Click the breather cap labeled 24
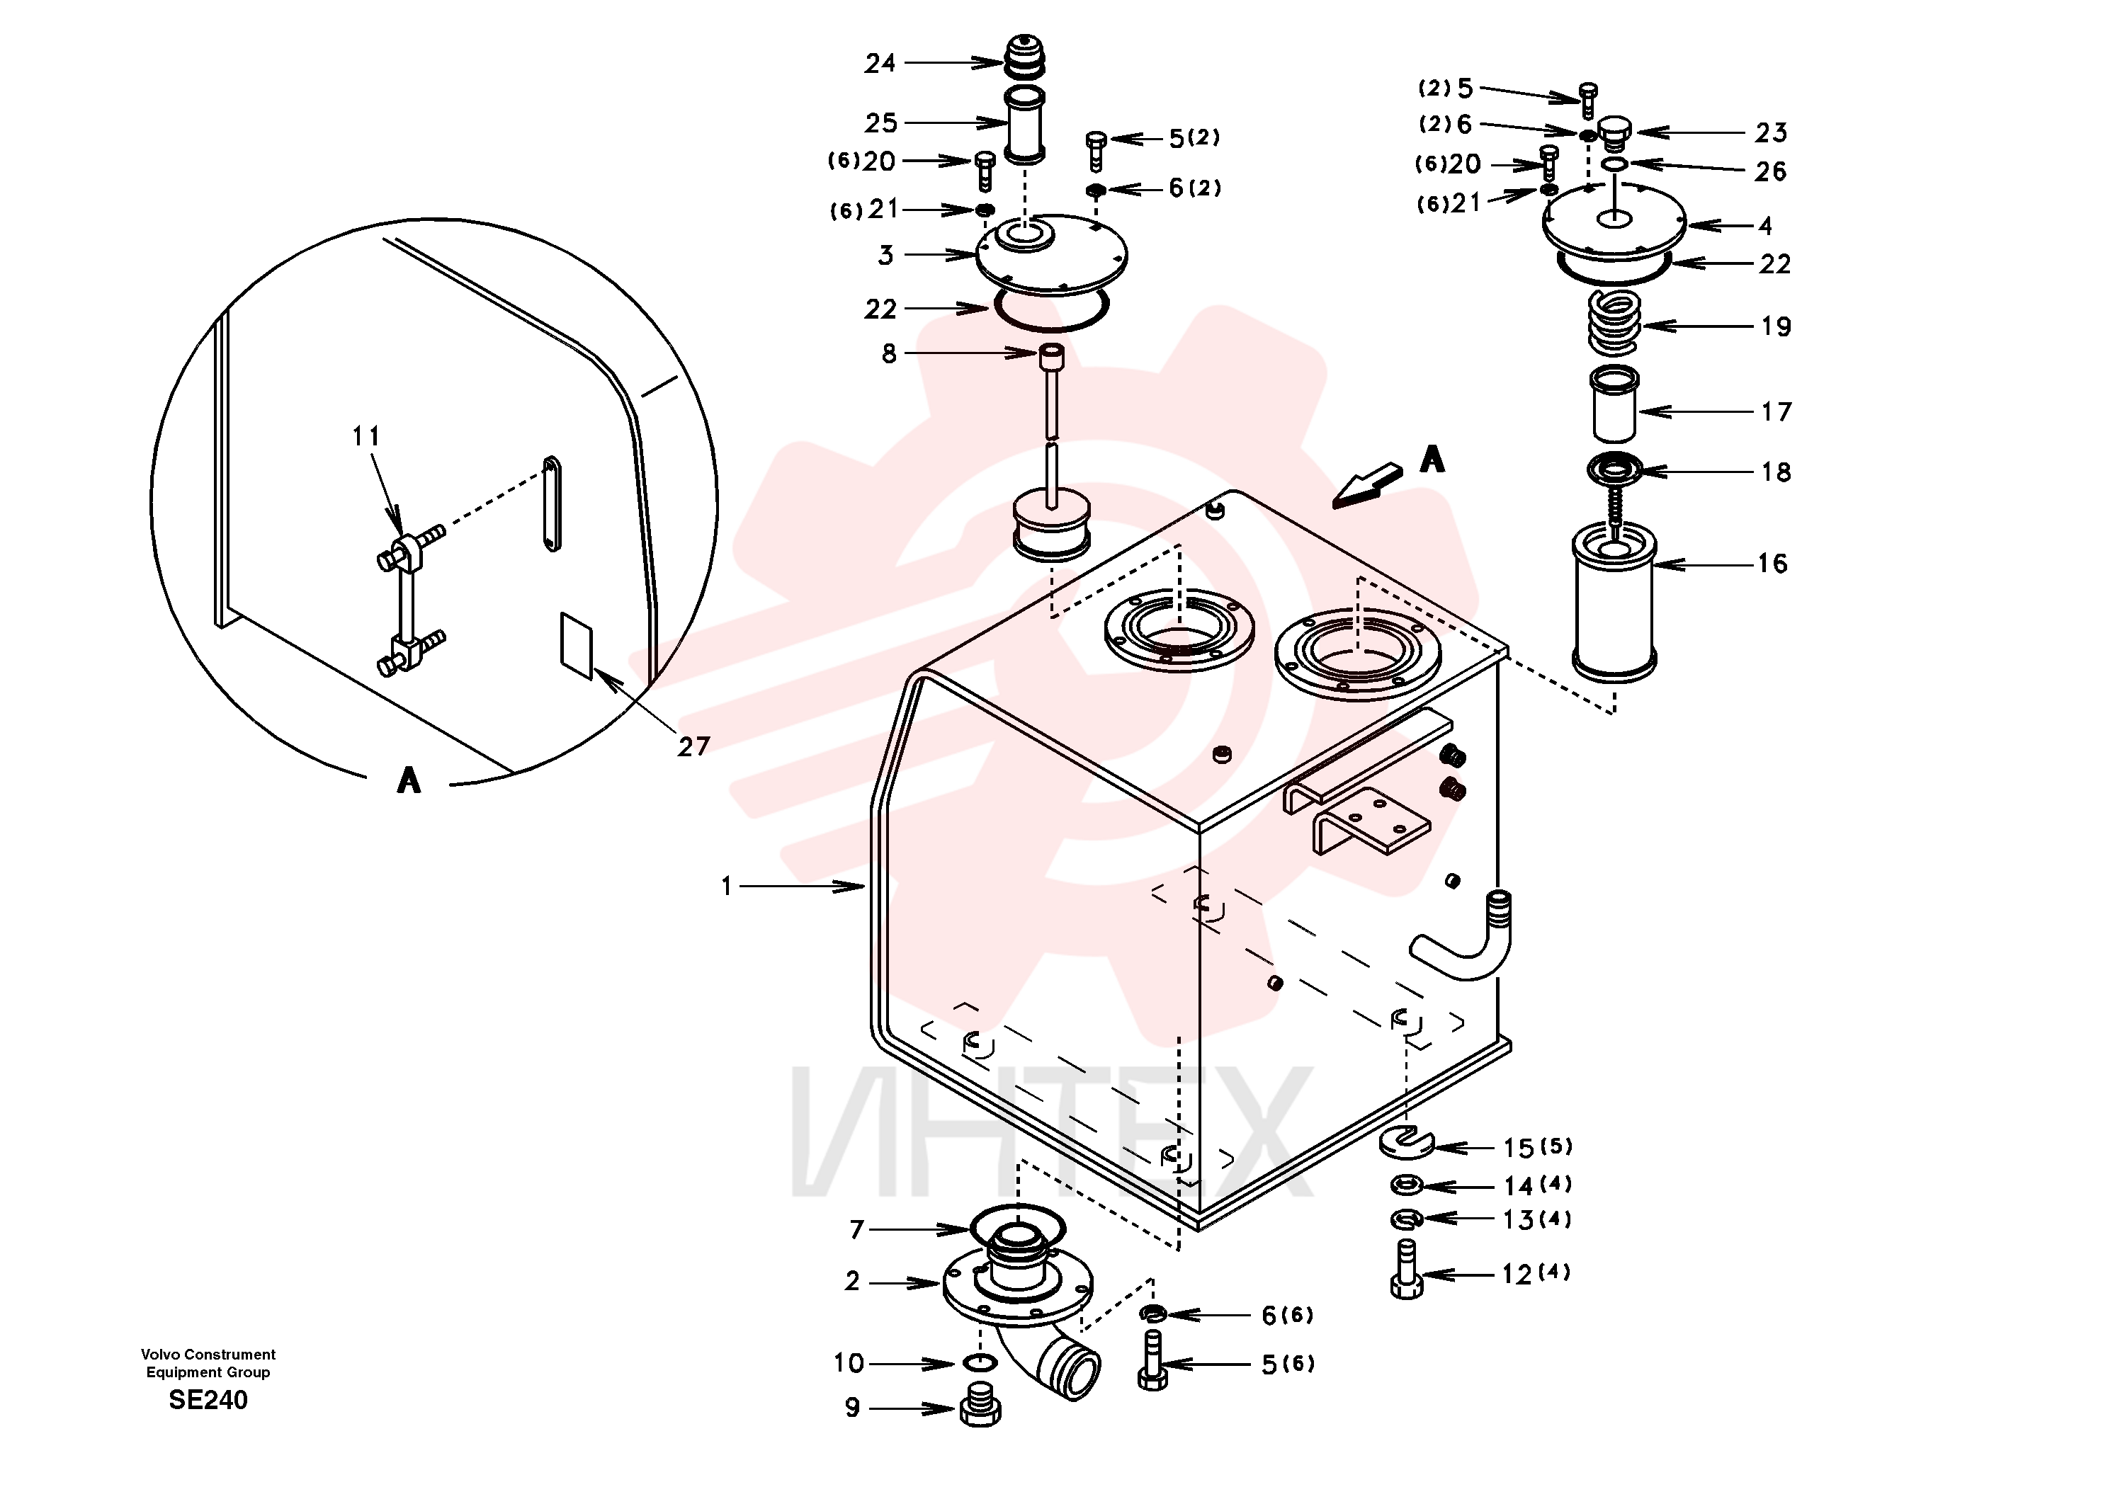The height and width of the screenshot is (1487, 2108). click(1023, 59)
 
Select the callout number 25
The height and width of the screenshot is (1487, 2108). click(880, 123)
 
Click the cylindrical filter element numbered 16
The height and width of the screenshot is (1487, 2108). click(1614, 602)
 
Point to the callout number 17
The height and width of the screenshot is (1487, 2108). click(1776, 412)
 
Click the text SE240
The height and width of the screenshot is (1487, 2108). click(208, 1400)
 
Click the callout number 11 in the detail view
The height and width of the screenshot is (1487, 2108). click(365, 436)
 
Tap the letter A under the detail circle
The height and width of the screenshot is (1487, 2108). click(409, 780)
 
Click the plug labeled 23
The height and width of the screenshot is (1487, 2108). click(1615, 132)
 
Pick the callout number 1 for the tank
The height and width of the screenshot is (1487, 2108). click(727, 887)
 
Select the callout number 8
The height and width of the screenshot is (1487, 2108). click(889, 353)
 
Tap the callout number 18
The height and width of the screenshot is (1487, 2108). click(1776, 473)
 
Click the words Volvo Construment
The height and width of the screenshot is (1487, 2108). click(208, 1354)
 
